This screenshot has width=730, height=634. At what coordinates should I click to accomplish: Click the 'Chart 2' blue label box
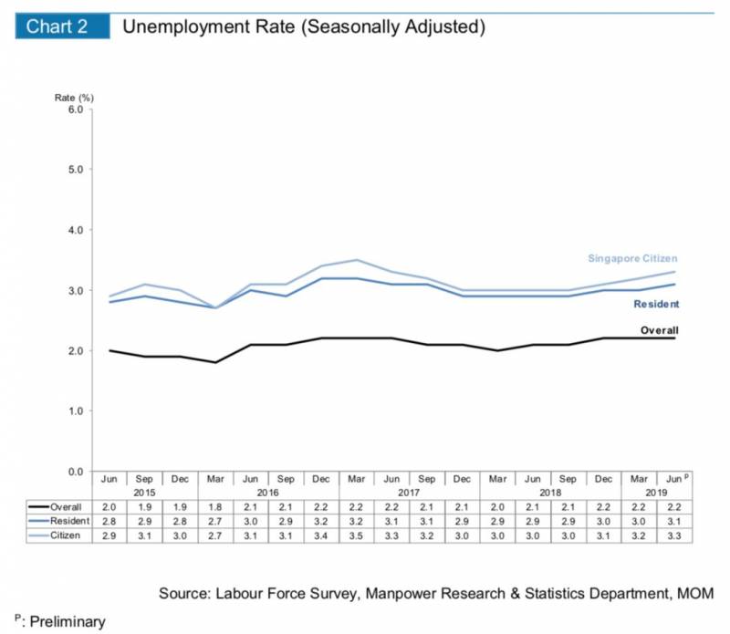coord(57,26)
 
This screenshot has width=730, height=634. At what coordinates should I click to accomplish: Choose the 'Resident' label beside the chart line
coord(657,304)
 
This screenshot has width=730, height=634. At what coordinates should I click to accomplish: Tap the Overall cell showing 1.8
coord(216,505)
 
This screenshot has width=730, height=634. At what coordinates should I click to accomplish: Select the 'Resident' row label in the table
coord(68,519)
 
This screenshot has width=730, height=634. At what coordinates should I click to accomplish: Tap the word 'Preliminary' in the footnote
coord(63,622)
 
